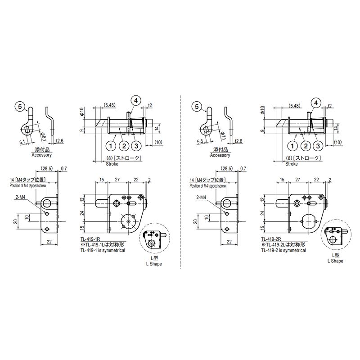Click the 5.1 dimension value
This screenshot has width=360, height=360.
coord(22,142)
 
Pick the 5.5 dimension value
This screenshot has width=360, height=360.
coord(200,141)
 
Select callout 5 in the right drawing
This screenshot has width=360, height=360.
coord(197,106)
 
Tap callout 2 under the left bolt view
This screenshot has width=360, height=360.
coord(124,146)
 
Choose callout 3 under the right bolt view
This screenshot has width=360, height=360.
coord(318,146)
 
